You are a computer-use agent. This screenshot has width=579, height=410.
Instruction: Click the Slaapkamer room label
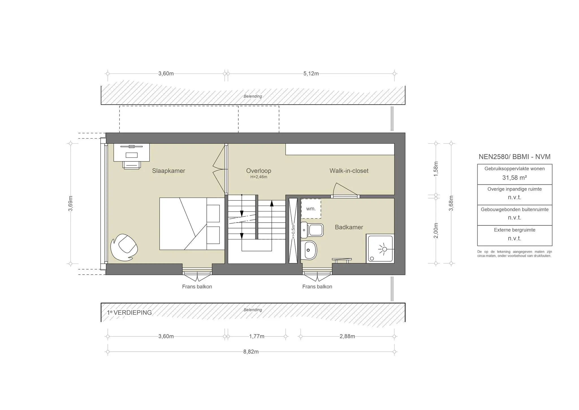168,171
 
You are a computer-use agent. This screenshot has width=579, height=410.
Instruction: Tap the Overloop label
258,171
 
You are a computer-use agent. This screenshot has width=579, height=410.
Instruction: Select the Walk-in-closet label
349,171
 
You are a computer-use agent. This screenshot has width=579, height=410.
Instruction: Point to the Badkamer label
349,227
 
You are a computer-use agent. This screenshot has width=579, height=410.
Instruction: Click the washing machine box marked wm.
311,209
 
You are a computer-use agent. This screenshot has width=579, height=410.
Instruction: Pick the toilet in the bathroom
313,230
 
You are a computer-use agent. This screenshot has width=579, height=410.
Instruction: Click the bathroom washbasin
309,250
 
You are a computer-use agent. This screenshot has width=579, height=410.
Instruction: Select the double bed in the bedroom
189,224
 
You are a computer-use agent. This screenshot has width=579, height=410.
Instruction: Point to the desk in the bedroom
131,153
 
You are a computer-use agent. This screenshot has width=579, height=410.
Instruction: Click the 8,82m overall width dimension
251,352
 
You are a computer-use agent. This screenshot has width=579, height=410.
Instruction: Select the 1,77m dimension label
257,336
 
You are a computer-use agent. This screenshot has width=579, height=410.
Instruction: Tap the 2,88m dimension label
347,336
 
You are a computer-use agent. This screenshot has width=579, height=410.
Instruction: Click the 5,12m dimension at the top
311,74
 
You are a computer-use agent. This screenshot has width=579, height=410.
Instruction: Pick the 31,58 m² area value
515,178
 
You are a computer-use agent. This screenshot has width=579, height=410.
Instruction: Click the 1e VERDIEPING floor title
129,312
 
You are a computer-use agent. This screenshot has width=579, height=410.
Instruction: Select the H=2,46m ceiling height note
259,177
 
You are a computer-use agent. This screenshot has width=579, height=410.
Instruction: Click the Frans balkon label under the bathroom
317,287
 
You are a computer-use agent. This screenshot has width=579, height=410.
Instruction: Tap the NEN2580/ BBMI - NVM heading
515,157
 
